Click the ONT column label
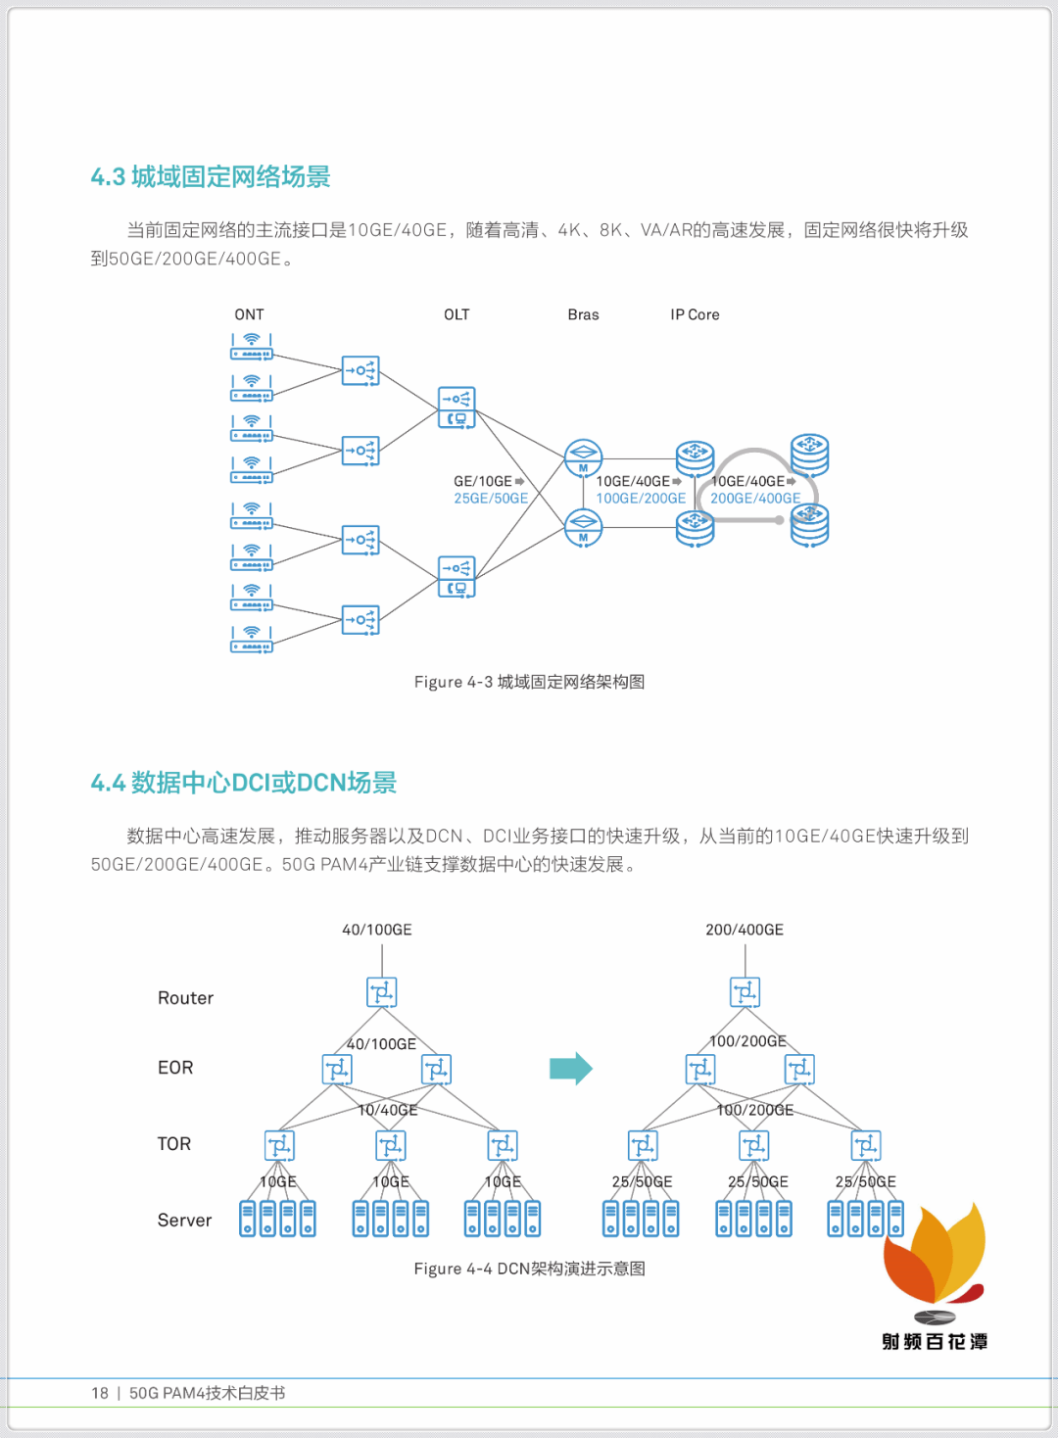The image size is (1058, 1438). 249,314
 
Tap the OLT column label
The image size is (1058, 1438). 457,314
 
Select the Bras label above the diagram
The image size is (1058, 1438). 583,314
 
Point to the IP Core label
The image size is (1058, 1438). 695,314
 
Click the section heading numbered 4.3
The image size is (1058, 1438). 211,176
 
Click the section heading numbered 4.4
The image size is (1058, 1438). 243,783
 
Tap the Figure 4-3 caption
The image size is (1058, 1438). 529,682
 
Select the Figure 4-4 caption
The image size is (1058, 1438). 529,1269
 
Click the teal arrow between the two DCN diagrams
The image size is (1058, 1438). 571,1068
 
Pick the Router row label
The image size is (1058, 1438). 185,998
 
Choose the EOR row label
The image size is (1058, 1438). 175,1068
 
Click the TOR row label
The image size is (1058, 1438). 174,1144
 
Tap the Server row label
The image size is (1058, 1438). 184,1221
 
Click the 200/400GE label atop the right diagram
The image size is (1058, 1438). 745,930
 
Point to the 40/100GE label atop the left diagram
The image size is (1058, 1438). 377,930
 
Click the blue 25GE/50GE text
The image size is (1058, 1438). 491,499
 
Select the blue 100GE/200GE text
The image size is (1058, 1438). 641,499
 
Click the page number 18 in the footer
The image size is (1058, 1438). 100,1393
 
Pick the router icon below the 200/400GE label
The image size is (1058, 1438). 745,992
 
